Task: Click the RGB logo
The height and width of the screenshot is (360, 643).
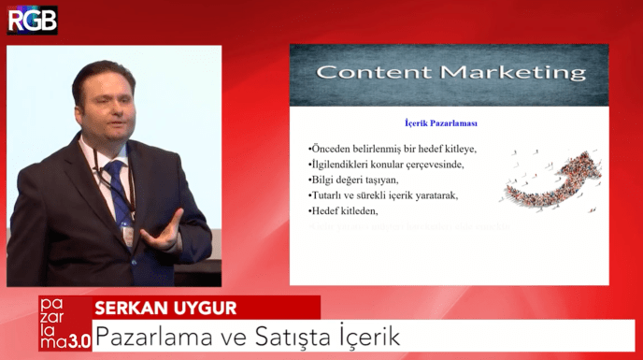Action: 32,20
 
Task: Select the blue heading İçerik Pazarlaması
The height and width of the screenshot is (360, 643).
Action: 434,122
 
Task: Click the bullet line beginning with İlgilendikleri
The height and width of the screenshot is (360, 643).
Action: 385,165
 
